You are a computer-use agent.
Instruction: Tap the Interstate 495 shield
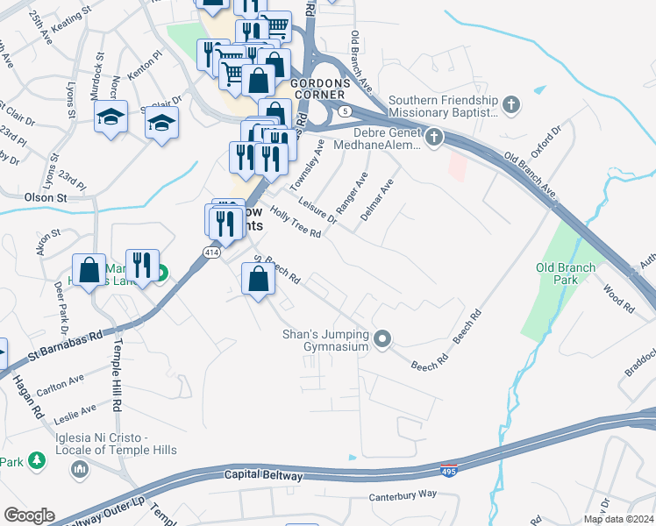pos(449,470)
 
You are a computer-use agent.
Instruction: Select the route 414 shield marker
pos(211,252)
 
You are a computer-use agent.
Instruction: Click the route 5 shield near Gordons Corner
pos(346,110)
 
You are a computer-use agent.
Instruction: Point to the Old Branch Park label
pos(567,274)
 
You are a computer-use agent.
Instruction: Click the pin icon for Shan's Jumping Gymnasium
pos(381,338)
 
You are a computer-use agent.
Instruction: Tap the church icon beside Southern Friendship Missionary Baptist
pos(512,106)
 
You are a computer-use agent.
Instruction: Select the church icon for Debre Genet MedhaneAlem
pos(432,137)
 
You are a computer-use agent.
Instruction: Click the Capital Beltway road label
pos(264,476)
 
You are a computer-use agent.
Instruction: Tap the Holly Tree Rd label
pos(296,222)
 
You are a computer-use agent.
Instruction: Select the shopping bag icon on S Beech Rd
pos(258,281)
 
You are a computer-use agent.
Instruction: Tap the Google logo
pos(29,515)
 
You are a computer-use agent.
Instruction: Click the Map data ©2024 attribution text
pos(617,519)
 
